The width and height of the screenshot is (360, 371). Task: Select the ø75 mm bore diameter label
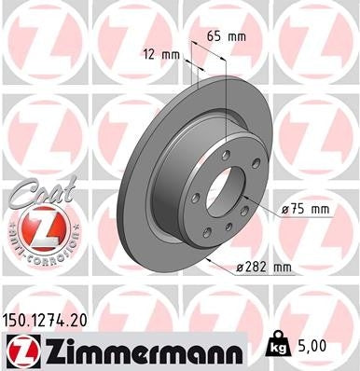click(x=305, y=209)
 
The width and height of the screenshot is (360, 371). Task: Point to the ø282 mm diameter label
click(x=264, y=268)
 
